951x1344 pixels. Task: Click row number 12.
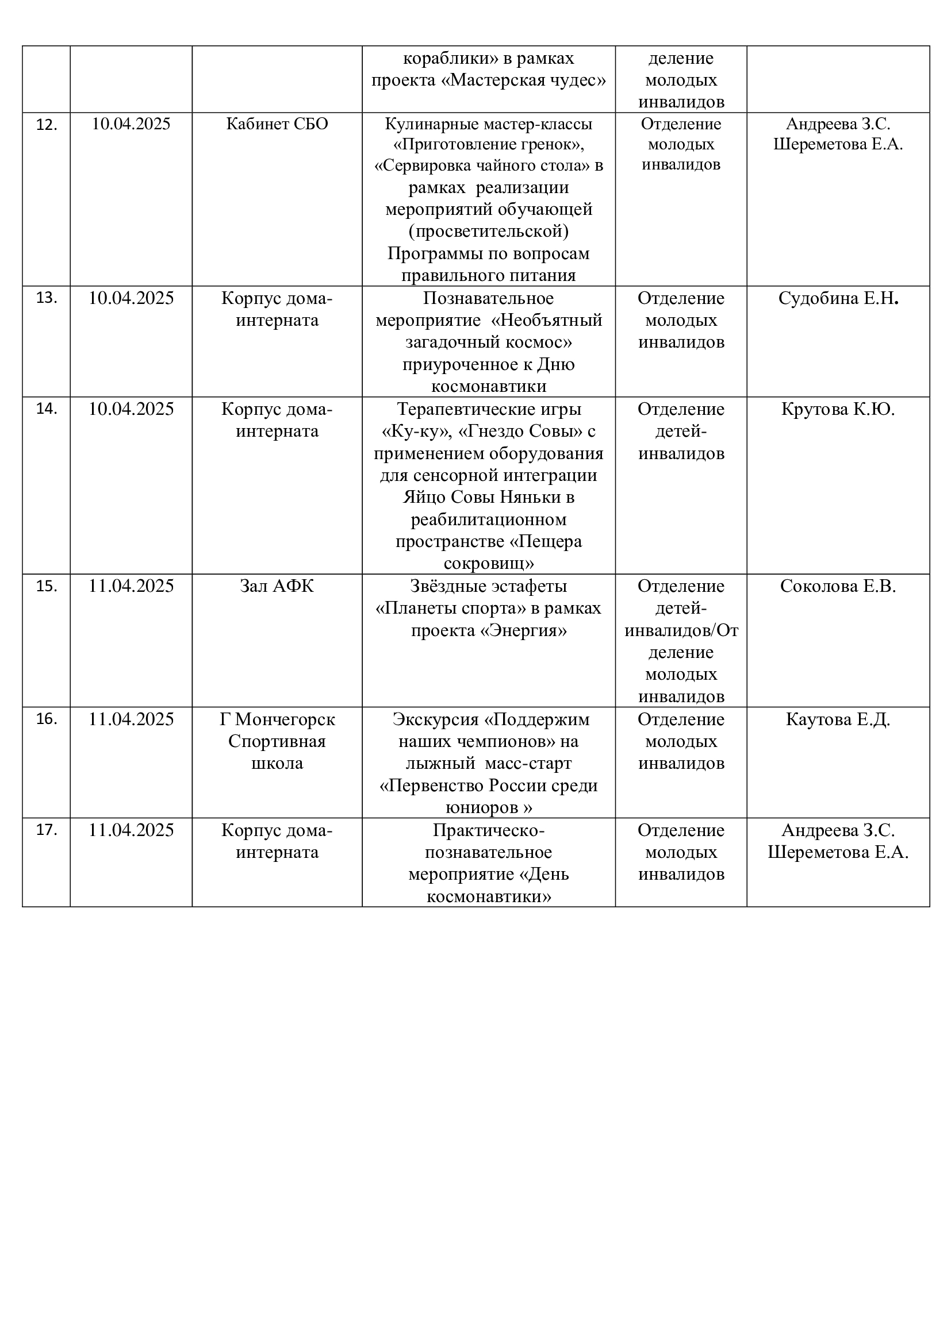[46, 125]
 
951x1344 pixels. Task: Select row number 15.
[46, 586]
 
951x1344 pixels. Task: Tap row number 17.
[46, 830]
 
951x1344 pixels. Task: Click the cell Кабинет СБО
[277, 124]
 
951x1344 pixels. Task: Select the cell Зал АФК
[277, 586]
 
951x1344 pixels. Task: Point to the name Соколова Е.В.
[838, 586]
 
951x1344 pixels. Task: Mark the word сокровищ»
[489, 564]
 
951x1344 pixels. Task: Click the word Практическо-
[489, 830]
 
